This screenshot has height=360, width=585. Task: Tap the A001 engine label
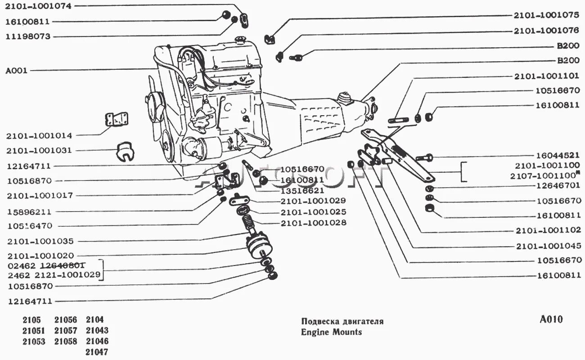17,70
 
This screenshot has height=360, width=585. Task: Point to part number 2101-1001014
39,135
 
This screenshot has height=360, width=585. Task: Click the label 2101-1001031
39,150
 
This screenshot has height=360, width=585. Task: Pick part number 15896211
29,211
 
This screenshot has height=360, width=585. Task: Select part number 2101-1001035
40,241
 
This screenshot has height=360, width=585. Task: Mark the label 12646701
558,185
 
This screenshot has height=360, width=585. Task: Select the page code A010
551,320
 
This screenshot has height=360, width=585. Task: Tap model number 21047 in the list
97,352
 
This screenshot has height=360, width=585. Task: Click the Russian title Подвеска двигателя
342,321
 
